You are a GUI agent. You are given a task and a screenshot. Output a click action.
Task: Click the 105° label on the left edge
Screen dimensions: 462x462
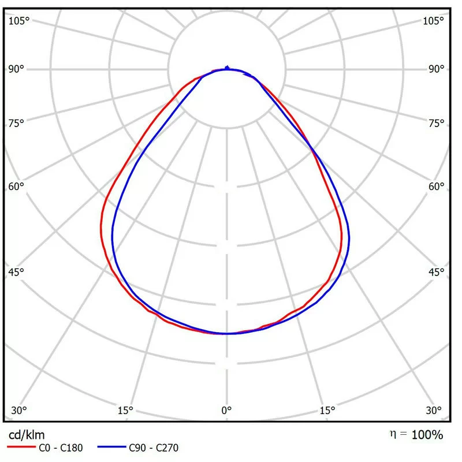coord(19,21)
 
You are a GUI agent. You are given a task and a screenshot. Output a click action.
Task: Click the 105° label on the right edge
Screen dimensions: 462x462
coord(433,21)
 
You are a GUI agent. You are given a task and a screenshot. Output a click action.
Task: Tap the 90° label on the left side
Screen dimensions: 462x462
coord(17,69)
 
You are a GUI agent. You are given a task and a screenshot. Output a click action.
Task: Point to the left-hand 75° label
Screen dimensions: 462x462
coord(17,123)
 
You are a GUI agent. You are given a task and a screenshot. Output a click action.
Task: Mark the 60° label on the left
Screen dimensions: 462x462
coord(17,187)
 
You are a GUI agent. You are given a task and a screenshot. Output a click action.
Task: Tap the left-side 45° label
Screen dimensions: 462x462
coord(17,272)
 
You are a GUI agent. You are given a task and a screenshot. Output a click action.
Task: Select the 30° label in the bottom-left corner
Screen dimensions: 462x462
coord(19,411)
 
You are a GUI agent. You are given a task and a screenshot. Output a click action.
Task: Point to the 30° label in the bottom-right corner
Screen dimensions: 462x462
coord(434,411)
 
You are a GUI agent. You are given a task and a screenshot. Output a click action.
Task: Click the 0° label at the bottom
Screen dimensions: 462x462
coord(227,411)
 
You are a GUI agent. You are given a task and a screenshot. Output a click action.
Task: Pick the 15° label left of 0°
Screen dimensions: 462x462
coord(126,411)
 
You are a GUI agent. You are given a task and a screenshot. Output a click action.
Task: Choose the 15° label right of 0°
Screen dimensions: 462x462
coord(327,411)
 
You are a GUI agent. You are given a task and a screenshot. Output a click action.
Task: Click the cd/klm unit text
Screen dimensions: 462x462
coord(27,434)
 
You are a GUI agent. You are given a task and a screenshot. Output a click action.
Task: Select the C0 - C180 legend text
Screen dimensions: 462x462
coord(61,448)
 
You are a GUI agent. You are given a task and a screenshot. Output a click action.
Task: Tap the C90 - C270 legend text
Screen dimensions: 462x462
coord(154,448)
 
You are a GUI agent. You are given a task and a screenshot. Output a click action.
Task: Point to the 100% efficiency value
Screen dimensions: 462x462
coord(427,435)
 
